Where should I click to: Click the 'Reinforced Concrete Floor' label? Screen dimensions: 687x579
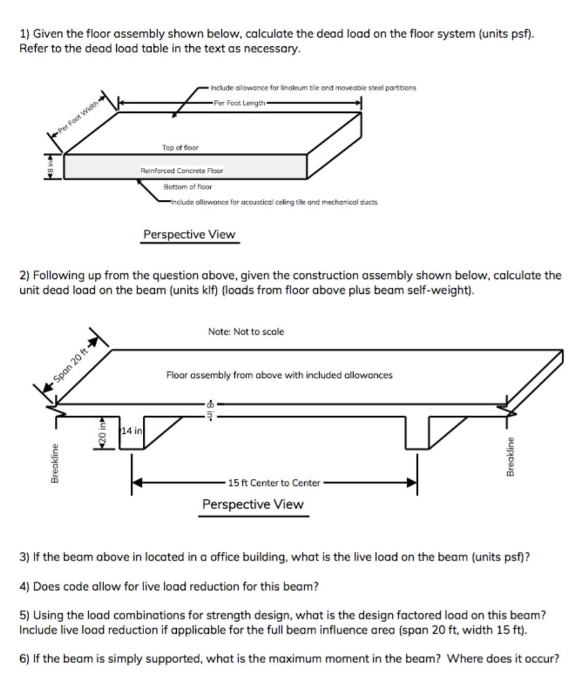click(181, 171)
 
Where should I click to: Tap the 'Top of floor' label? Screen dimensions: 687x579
click(180, 148)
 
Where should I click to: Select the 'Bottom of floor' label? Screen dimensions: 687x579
click(187, 187)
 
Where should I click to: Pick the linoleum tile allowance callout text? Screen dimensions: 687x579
click(313, 87)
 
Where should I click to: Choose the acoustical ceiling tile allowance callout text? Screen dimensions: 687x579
click(274, 202)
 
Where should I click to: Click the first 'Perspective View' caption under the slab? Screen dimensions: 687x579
click(189, 234)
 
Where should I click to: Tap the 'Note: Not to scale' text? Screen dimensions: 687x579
click(246, 332)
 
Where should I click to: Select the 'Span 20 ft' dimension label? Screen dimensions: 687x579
click(70, 364)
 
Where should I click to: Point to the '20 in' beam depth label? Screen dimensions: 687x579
click(102, 433)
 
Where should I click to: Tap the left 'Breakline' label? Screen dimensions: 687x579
click(54, 462)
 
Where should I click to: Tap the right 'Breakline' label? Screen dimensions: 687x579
click(510, 456)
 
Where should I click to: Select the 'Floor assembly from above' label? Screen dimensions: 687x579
click(279, 375)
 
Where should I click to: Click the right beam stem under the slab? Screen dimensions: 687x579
click(416, 432)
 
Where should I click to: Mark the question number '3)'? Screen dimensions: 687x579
click(24, 557)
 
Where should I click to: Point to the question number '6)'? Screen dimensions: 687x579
click(24, 658)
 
